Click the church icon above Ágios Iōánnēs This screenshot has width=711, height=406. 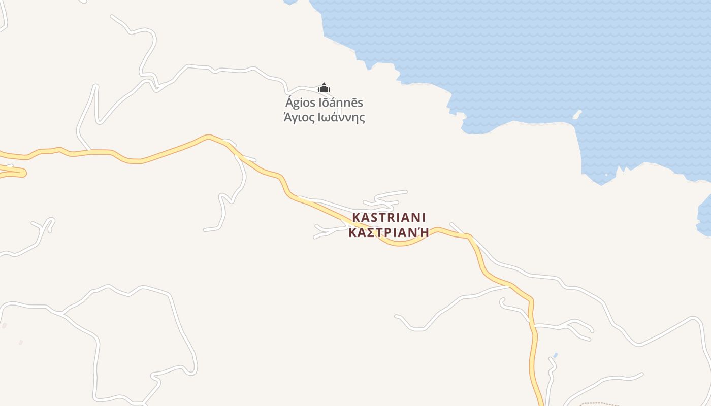coord(324,88)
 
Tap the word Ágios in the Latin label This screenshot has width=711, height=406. coord(300,103)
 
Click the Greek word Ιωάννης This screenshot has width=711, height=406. coord(341,118)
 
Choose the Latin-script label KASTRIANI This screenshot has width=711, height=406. coord(389,217)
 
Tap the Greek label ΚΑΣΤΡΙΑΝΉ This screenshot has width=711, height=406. coord(389,232)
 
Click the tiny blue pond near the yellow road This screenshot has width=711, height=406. coord(555,355)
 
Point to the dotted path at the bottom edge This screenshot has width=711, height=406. coord(599,404)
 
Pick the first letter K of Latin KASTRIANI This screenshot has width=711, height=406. coord(356,217)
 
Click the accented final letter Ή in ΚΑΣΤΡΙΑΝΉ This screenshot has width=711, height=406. coord(424,232)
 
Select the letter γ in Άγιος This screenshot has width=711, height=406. coord(295,119)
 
